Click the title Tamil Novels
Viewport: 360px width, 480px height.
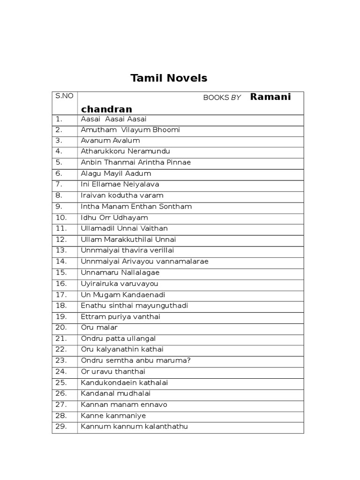coord(169,78)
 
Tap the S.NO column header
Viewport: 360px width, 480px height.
coord(64,96)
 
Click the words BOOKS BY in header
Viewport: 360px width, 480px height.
coord(222,97)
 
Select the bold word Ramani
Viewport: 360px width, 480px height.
coord(270,97)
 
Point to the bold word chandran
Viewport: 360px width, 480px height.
coord(106,109)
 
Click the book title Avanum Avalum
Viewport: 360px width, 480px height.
coord(110,141)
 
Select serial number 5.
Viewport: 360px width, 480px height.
coord(59,162)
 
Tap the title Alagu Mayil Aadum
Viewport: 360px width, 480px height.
coord(116,173)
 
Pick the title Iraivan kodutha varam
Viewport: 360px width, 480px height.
coord(122,195)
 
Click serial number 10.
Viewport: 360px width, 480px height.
coord(61,217)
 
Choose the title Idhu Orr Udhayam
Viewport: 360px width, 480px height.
coord(114,217)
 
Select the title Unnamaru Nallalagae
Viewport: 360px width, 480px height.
coord(120,272)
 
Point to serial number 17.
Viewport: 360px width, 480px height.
coord(61,294)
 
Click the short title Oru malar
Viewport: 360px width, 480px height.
coord(99,327)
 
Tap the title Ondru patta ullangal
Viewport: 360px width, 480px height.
coord(118,338)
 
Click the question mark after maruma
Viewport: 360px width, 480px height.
coord(189,360)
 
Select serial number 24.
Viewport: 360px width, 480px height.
coord(61,371)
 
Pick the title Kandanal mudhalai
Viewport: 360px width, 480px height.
coord(116,393)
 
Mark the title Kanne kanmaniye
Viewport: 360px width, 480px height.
coord(113,415)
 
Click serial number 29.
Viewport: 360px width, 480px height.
coord(61,427)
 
